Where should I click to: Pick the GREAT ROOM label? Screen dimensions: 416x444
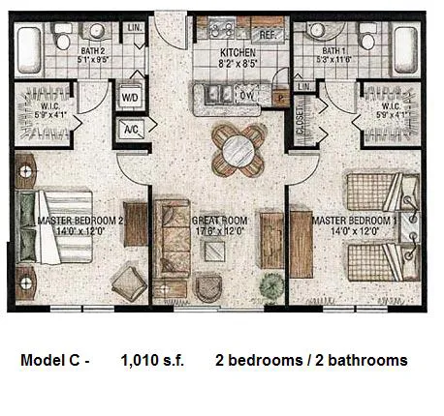click(222, 221)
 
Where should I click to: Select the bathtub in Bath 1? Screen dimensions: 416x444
click(405, 48)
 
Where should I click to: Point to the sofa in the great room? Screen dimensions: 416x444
click(172, 237)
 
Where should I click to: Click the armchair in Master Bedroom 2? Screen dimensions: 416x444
click(129, 284)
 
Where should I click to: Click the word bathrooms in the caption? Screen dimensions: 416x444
click(366, 361)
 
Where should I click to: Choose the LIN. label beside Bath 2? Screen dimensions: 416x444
click(135, 29)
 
